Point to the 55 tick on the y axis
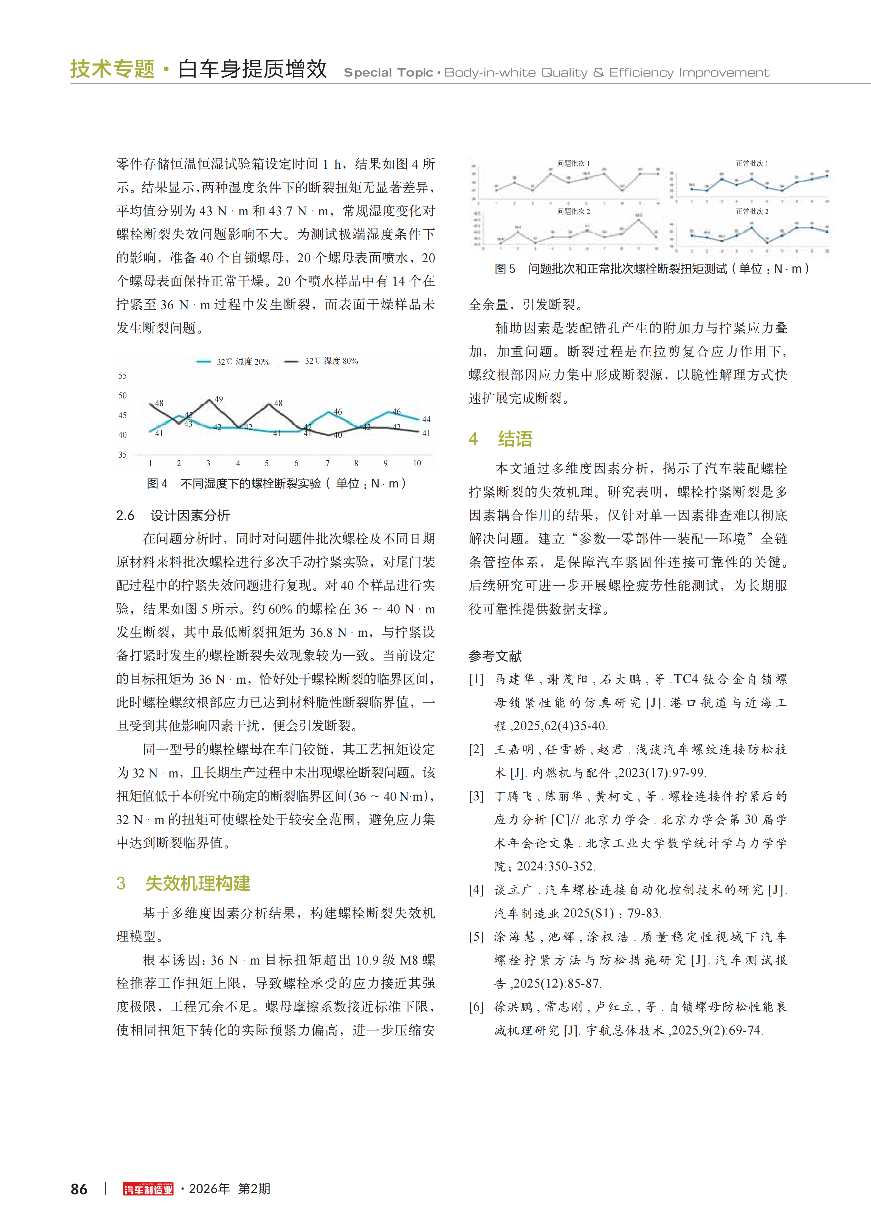pos(122,376)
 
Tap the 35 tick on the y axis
pos(122,455)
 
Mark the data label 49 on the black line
pos(218,399)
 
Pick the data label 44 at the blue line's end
pos(426,419)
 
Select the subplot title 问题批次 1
pos(573,163)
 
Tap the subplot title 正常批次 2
pos(752,212)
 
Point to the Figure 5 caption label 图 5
pos(504,269)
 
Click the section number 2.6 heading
pos(125,516)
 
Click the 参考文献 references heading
pos(495,656)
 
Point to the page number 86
pos(79,1189)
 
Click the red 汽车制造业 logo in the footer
pos(148,1189)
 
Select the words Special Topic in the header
pos(388,72)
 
